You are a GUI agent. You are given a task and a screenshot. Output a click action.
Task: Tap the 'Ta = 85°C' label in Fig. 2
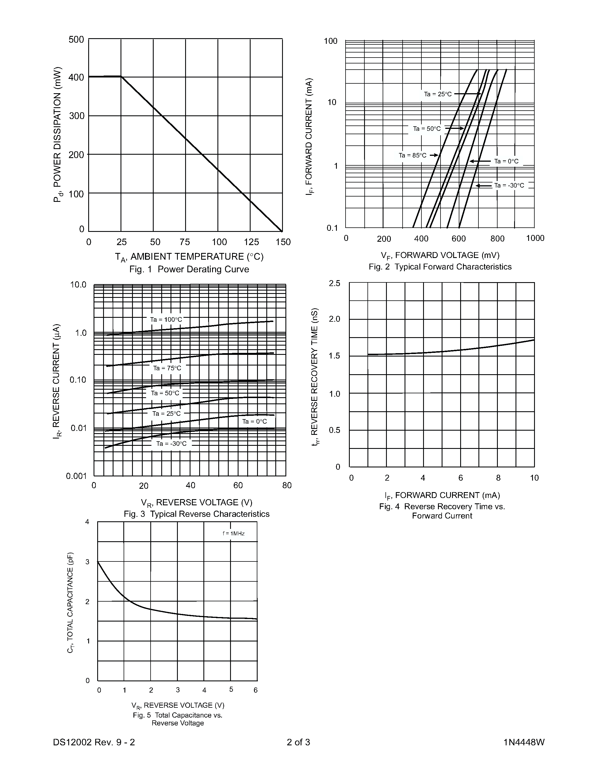tap(412, 155)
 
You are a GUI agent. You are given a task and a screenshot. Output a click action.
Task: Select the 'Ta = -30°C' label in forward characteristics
tap(509, 185)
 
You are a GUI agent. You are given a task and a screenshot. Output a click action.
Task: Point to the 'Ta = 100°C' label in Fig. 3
tap(166, 319)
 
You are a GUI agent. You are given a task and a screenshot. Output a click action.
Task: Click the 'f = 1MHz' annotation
tap(233, 533)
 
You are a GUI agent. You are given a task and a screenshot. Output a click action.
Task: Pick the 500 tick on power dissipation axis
tap(76, 39)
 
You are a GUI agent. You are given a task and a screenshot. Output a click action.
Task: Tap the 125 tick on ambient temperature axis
tap(251, 242)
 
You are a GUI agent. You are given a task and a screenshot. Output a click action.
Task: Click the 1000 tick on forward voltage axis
tap(535, 238)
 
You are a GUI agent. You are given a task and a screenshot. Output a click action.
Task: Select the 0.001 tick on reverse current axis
tap(76, 476)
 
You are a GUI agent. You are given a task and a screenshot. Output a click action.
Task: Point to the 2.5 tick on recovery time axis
tap(335, 283)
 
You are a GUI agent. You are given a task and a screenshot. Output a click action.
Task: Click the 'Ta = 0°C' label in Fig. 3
tap(254, 421)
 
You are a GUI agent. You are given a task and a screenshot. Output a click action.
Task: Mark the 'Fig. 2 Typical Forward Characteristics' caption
tap(440, 267)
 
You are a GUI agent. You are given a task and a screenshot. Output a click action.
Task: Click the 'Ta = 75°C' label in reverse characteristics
tap(167, 368)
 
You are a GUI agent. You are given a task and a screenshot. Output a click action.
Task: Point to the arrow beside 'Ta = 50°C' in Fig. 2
tap(455, 128)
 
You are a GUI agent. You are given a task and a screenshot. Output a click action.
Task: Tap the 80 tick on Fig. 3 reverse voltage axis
tap(287, 485)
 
